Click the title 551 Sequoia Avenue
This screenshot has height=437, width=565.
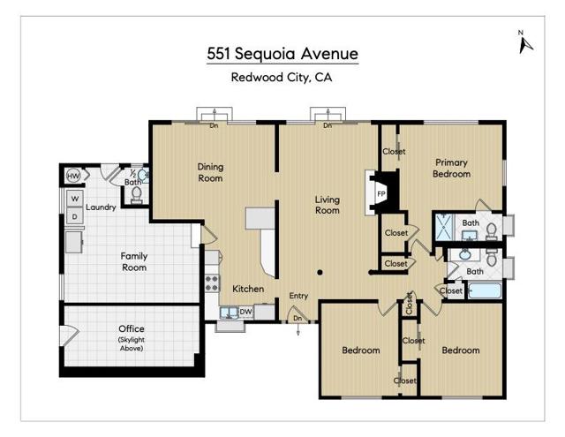282,53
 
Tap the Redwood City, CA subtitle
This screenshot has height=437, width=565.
282,77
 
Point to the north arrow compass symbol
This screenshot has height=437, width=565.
522,41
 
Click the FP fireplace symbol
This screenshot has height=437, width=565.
381,193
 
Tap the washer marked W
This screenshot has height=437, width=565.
75,199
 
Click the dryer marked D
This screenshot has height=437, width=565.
75,216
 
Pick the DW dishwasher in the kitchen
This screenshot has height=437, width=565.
246,311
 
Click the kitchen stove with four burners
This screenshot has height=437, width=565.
213,283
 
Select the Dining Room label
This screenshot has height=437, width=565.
210,172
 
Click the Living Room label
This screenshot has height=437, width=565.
328,205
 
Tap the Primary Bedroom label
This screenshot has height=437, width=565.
451,168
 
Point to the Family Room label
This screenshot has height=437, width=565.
133,261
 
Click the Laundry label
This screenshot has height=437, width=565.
102,207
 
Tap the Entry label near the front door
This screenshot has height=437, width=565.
298,296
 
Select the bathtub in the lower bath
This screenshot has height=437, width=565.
485,290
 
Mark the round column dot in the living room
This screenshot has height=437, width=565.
320,273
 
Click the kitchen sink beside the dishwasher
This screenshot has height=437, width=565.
227,312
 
